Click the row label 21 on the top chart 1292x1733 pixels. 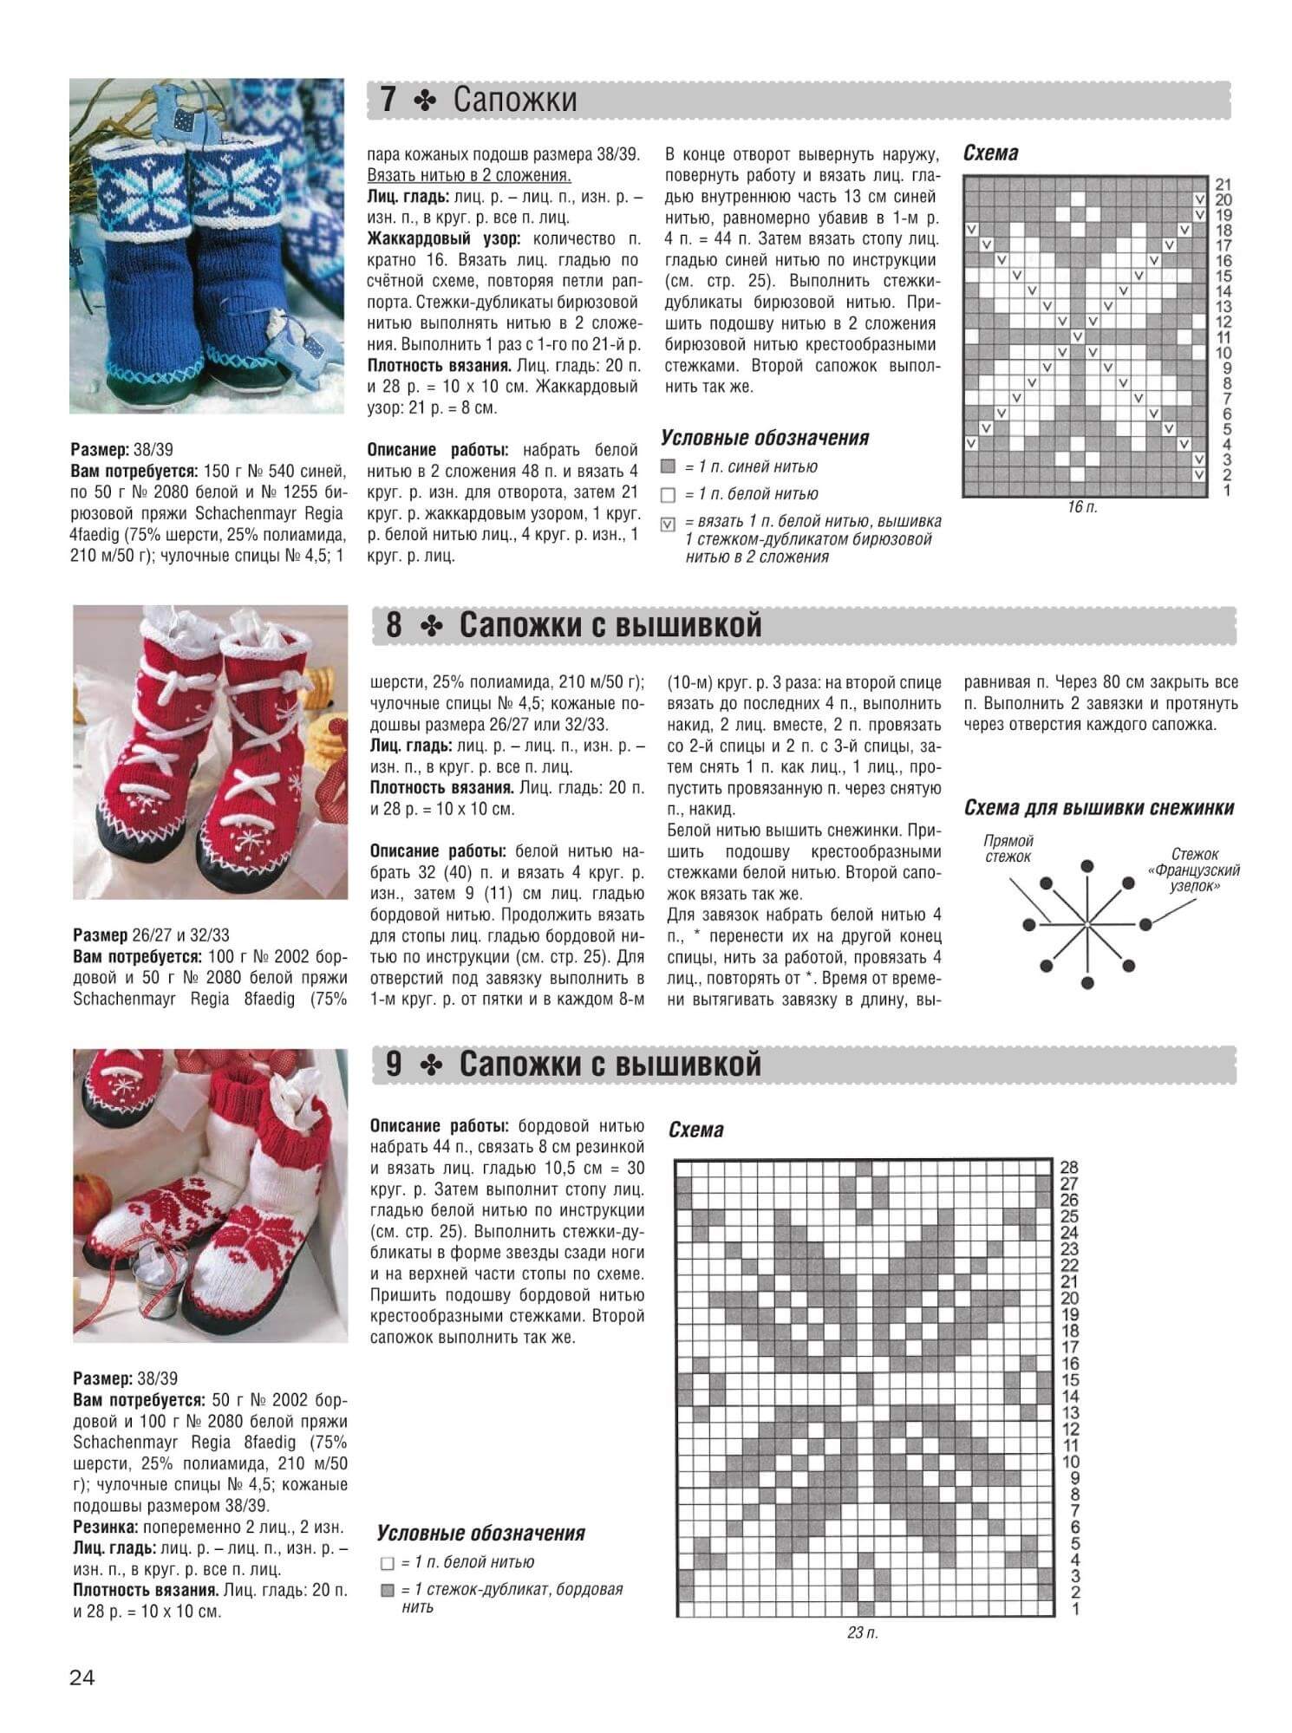point(1223,185)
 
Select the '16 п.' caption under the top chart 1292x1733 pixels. point(1082,507)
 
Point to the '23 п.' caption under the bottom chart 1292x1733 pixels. point(863,1633)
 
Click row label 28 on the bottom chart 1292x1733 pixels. point(1069,1168)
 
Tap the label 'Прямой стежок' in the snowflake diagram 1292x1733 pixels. point(1008,849)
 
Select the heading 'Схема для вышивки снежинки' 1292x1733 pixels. point(1099,808)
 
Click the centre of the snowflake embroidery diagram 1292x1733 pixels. point(1086,925)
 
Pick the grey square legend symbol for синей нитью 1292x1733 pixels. point(668,467)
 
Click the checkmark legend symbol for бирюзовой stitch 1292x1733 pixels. point(668,524)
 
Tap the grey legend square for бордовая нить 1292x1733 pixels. point(387,1591)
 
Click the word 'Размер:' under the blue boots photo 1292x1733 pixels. point(99,450)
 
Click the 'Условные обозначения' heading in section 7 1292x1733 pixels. point(765,438)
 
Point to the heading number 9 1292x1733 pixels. point(393,1064)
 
